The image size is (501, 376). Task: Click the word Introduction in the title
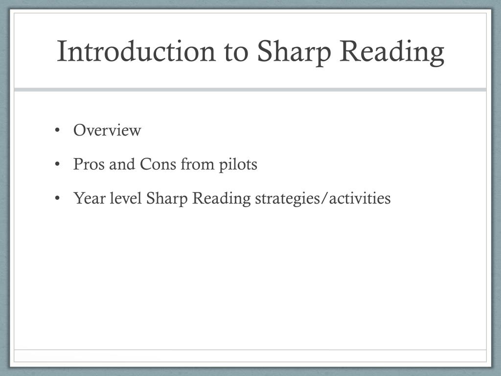tap(136, 51)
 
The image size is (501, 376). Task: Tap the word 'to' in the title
tap(237, 51)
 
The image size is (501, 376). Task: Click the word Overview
tap(107, 131)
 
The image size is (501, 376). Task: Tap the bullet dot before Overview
tap(58, 131)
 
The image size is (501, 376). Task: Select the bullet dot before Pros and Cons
tap(58, 164)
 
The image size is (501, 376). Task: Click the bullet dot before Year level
tap(58, 199)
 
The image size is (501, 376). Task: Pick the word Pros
tap(89, 164)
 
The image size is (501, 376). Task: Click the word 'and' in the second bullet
tap(123, 164)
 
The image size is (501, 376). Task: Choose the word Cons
tap(159, 164)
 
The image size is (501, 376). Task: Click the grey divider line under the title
tap(250, 90)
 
